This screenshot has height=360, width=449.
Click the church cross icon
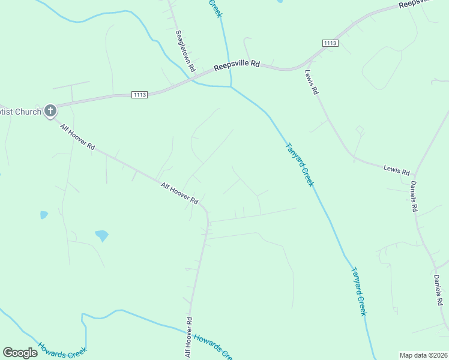tap(50, 110)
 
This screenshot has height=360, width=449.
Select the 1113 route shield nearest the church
tap(140, 95)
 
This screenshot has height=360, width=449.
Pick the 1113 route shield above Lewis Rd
tap(330, 43)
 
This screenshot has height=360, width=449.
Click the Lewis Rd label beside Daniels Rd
tap(396, 170)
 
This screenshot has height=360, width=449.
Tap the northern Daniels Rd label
tap(414, 196)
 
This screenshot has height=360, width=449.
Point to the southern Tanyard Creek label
tap(359, 292)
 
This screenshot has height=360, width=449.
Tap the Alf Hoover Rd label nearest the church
tap(77, 137)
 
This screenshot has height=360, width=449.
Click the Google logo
tap(20, 353)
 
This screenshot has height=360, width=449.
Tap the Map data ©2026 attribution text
tap(423, 355)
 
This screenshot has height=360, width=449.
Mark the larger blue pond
tap(101, 235)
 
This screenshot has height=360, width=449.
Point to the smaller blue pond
tap(43, 214)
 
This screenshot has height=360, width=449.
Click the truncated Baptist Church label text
tap(20, 112)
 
